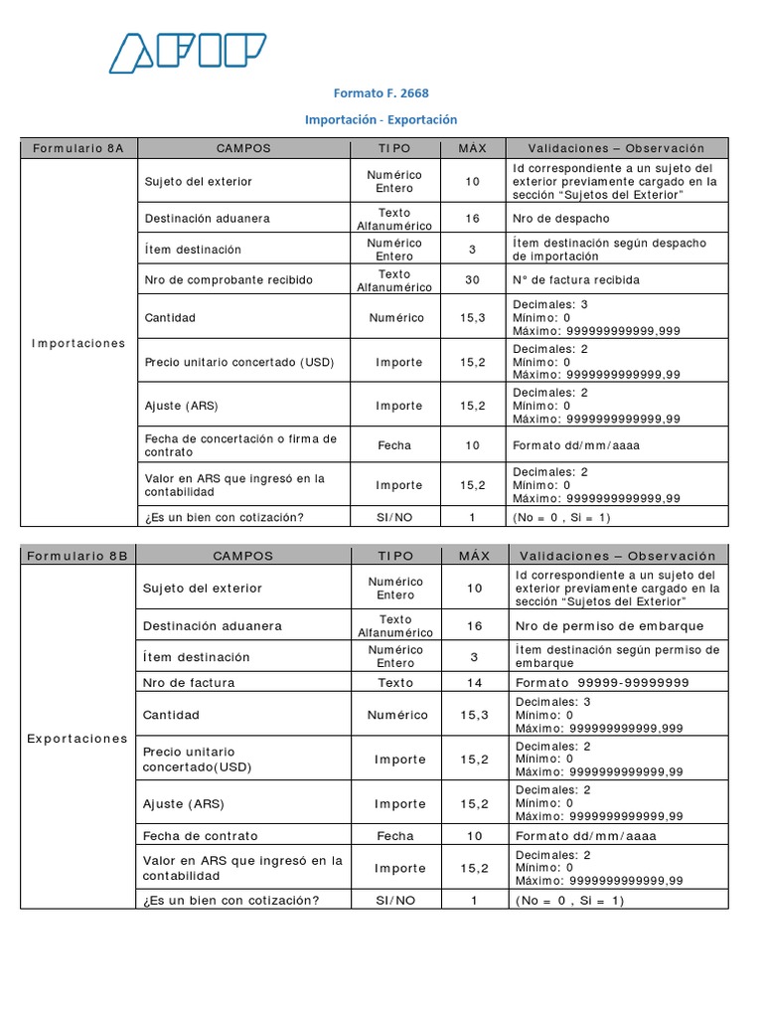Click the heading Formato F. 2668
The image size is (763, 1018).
coord(381,93)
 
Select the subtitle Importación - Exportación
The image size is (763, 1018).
coord(381,119)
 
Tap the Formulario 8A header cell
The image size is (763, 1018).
coord(78,148)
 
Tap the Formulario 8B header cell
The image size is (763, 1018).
coord(78,556)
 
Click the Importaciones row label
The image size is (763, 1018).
coord(78,343)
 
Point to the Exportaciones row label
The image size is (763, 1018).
coord(78,739)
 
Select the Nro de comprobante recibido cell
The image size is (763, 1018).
coord(229,280)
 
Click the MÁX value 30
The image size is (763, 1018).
coord(473,280)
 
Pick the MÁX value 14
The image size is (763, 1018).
coord(475,683)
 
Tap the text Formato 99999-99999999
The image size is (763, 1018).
coord(602,683)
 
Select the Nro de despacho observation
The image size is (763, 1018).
coord(561,219)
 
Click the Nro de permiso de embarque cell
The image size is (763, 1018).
coord(610,626)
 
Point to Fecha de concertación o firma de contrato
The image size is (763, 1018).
coord(240,444)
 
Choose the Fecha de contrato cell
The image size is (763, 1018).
coord(200,836)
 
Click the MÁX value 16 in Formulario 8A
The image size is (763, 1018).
coord(473,219)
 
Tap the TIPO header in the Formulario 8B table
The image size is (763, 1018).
coord(395,556)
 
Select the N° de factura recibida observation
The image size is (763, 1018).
coord(576,280)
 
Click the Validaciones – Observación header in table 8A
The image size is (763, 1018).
coord(616,148)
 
